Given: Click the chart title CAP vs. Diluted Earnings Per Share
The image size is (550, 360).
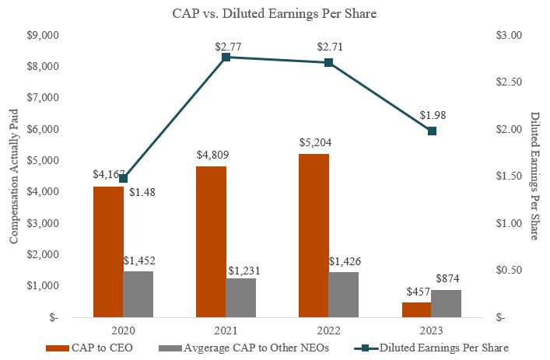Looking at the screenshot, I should pos(275,13).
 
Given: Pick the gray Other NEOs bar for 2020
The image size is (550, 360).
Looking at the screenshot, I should pos(138,294).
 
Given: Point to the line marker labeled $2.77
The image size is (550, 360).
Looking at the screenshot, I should pos(226,58).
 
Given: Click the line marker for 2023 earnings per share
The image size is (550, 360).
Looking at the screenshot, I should pos(433,131).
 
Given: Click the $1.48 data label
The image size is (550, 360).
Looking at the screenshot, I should pos(145,192).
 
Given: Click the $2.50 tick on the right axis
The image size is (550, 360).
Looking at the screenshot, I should pos(510,82).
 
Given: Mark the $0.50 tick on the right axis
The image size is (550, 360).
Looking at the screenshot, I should pos(510,271).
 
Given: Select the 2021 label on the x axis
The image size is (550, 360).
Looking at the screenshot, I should pos(226,329).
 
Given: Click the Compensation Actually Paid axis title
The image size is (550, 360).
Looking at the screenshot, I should pos(13,177).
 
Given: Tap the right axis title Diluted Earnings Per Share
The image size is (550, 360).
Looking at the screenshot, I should pos(537,177).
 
